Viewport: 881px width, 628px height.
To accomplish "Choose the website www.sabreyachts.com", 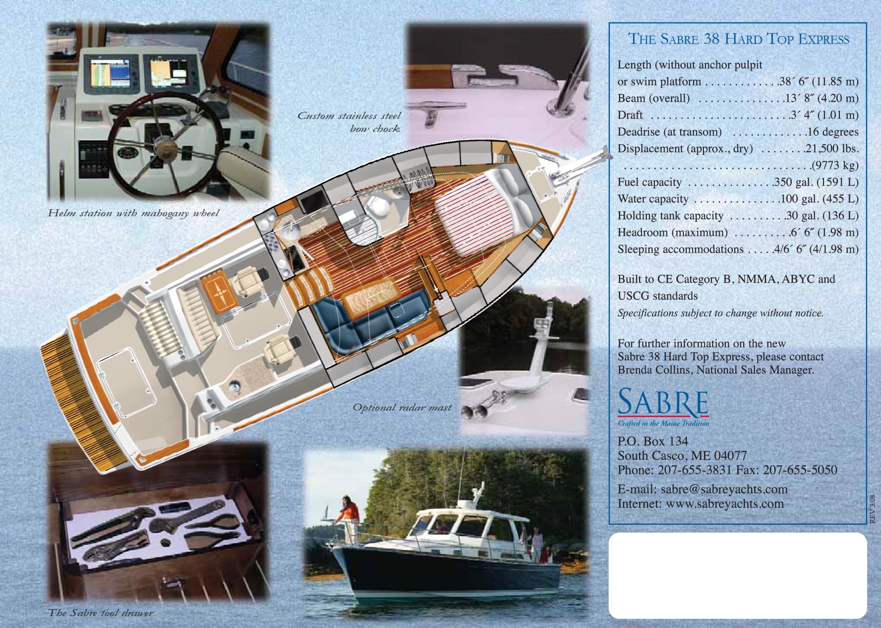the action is [x=725, y=503].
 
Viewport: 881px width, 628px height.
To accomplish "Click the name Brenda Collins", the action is [x=647, y=370].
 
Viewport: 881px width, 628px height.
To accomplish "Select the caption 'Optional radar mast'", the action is [x=402, y=408].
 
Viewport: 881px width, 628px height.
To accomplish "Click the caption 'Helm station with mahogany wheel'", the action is [x=133, y=213].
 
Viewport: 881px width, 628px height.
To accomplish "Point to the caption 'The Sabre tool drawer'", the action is [x=101, y=613].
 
